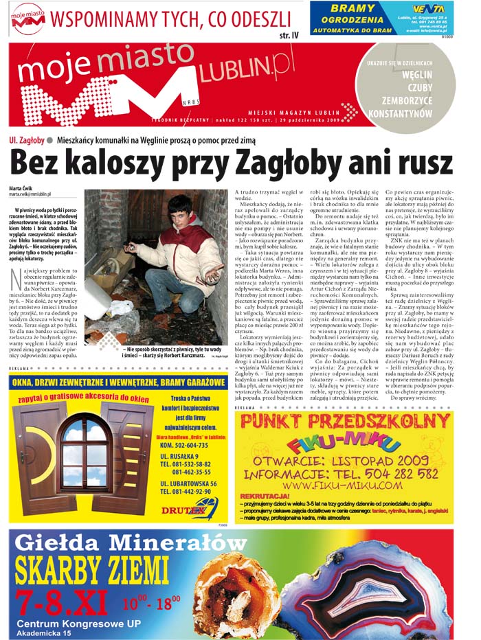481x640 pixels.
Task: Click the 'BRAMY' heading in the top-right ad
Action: click(x=353, y=8)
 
